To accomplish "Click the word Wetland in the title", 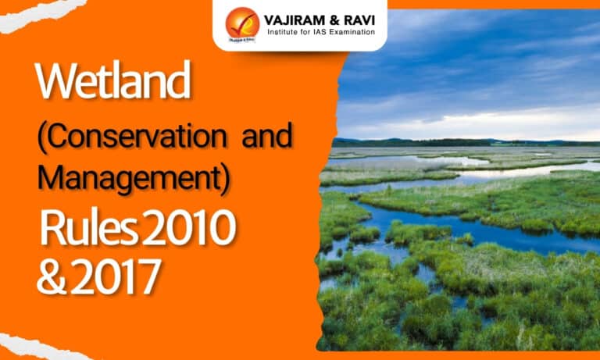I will tap(113, 80).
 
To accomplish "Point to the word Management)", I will tap(134, 178).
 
